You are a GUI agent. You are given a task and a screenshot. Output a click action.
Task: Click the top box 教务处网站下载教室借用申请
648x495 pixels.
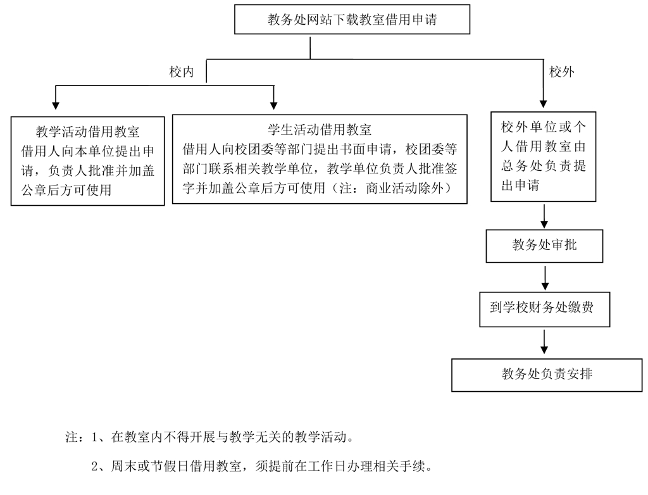click(352, 20)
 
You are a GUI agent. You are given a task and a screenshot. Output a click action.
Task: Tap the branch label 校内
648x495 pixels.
click(181, 72)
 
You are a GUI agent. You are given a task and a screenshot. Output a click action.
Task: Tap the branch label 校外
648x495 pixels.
click(562, 72)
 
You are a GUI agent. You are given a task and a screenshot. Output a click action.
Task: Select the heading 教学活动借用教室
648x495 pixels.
click(87, 132)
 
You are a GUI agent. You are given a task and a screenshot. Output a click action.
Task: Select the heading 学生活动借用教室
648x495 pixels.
click(320, 130)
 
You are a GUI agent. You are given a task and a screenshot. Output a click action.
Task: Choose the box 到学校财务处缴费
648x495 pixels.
click(544, 308)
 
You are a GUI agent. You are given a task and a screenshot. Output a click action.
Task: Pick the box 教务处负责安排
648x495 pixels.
click(547, 374)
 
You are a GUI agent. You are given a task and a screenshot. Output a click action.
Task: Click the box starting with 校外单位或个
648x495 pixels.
click(544, 127)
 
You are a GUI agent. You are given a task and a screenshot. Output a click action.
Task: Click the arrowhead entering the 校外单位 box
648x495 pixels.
click(544, 104)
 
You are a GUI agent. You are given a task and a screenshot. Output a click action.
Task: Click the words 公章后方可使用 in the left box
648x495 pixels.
click(66, 189)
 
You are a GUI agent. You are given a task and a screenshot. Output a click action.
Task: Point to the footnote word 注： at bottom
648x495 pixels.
click(75, 437)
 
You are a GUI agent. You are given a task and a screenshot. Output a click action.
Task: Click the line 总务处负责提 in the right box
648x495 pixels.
click(544, 166)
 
